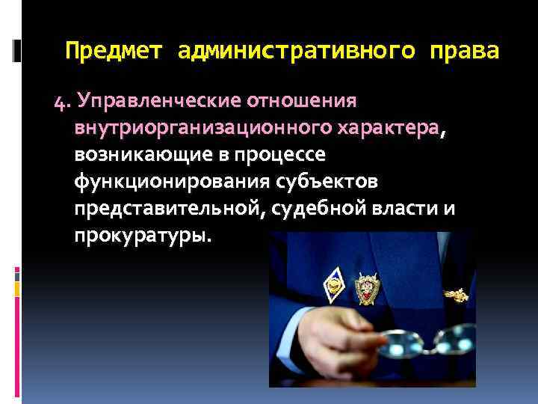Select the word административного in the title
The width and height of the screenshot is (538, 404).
(x=296, y=52)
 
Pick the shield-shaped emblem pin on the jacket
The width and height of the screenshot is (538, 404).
(x=368, y=287)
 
